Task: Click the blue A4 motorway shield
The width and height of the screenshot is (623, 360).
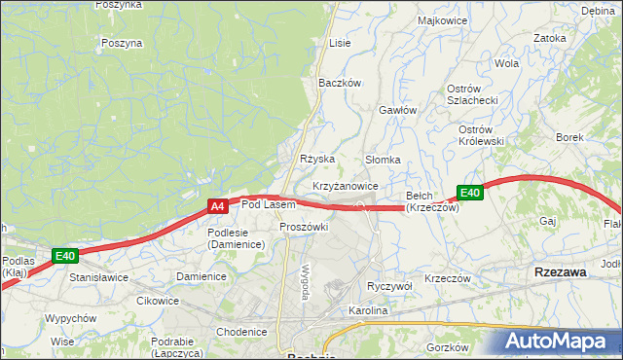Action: (218, 206)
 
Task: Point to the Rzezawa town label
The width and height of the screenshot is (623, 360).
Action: (561, 272)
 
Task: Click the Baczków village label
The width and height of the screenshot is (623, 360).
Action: (340, 83)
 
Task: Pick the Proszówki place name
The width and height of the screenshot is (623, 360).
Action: (304, 227)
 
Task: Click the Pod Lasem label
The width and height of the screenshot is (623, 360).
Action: (268, 204)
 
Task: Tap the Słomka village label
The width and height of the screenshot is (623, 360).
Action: (383, 160)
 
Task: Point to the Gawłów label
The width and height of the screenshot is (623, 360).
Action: (398, 110)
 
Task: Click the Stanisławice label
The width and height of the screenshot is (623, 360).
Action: (100, 277)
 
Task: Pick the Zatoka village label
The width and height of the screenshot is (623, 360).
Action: (550, 38)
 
